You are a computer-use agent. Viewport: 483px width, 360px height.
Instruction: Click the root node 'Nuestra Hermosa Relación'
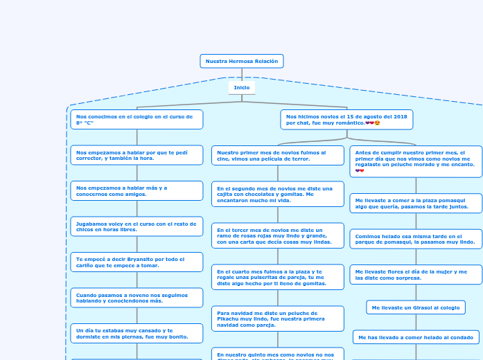[x=242, y=62]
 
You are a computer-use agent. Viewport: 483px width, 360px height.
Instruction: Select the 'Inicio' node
[x=242, y=88]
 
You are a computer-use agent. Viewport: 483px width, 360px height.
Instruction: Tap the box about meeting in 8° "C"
[x=137, y=120]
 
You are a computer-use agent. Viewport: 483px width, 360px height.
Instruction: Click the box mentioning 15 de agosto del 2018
[x=346, y=120]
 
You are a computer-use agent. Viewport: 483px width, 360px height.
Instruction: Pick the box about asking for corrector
[x=137, y=155]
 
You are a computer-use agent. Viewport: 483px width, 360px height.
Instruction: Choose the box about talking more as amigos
[x=137, y=190]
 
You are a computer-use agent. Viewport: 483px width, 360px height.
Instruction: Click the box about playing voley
[x=137, y=226]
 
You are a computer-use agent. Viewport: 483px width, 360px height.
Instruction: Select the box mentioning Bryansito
[x=137, y=262]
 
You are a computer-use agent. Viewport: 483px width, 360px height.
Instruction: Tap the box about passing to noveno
[x=137, y=298]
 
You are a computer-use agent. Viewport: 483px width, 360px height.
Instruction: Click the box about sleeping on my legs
[x=137, y=334]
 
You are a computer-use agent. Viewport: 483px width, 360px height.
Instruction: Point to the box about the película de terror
[x=278, y=155]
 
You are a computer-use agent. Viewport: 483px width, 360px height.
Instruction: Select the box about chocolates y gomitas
[x=278, y=195]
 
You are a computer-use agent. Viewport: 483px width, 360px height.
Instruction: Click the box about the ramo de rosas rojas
[x=278, y=235]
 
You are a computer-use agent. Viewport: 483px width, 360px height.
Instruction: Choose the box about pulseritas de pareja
[x=278, y=277]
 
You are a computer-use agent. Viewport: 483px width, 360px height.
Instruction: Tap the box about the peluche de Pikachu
[x=278, y=318]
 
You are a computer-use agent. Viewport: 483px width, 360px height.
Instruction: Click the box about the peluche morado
[x=416, y=161]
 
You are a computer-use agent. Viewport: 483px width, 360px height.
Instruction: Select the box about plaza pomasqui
[x=416, y=203]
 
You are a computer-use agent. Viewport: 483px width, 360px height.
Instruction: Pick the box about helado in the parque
[x=416, y=239]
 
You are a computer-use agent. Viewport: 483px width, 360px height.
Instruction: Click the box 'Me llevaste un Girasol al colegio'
[x=416, y=307]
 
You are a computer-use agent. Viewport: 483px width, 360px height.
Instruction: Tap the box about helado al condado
[x=416, y=337]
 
